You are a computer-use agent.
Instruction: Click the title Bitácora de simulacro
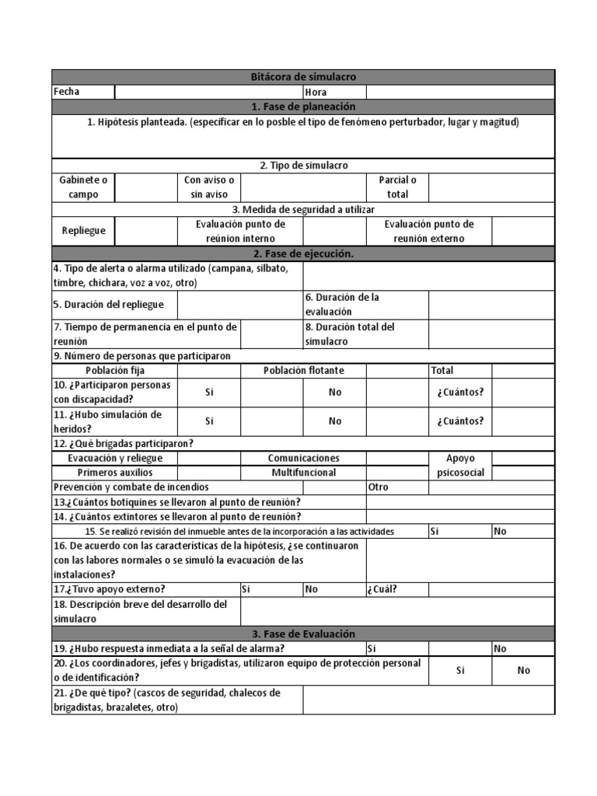pyautogui.click(x=303, y=77)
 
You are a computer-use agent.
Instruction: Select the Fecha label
pyautogui.click(x=67, y=92)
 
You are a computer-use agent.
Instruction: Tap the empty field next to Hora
pyautogui.click(x=460, y=92)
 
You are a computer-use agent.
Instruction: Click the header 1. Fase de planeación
pyautogui.click(x=303, y=106)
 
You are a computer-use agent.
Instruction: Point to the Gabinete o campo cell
pyautogui.click(x=83, y=187)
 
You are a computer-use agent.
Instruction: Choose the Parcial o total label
pyautogui.click(x=397, y=187)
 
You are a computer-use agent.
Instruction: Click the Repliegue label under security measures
pyautogui.click(x=83, y=231)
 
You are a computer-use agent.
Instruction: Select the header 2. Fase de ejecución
pyautogui.click(x=303, y=254)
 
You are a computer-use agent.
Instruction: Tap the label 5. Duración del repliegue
pyautogui.click(x=103, y=305)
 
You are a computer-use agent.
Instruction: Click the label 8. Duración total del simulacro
pyautogui.click(x=350, y=334)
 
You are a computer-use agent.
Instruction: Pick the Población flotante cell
pyautogui.click(x=303, y=371)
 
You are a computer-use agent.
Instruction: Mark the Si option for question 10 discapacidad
pyautogui.click(x=209, y=393)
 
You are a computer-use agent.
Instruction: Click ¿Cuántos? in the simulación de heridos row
pyautogui.click(x=459, y=421)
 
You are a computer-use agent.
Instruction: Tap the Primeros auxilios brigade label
pyautogui.click(x=115, y=473)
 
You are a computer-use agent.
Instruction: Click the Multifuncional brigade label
pyautogui.click(x=303, y=473)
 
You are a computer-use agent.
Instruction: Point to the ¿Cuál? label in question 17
pyautogui.click(x=382, y=589)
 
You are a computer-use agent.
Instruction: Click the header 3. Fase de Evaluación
pyautogui.click(x=303, y=634)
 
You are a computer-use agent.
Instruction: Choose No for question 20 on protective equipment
pyautogui.click(x=523, y=670)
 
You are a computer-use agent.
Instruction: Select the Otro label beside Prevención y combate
pyautogui.click(x=378, y=487)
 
